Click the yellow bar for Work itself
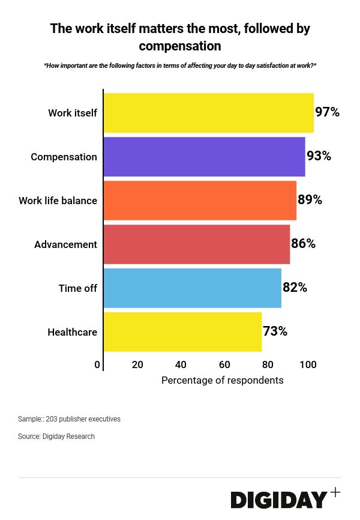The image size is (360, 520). (x=208, y=113)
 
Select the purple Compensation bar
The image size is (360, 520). (x=204, y=157)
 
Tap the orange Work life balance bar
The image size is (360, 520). (x=200, y=201)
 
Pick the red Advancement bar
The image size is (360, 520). (x=196, y=244)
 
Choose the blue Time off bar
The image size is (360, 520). (x=192, y=288)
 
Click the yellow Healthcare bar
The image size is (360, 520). (x=182, y=332)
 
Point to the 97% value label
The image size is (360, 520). (x=327, y=112)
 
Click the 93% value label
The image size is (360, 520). (x=319, y=156)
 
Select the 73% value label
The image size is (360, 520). (x=275, y=331)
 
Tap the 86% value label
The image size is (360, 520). (x=303, y=244)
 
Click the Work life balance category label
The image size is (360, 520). (x=58, y=201)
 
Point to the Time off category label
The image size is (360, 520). (x=77, y=288)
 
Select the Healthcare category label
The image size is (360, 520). (x=72, y=332)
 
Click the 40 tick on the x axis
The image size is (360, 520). (x=181, y=364)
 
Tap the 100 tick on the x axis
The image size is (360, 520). (x=308, y=364)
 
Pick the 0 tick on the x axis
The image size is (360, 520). (x=97, y=364)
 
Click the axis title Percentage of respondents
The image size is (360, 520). (x=222, y=380)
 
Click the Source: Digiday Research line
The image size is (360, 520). (x=56, y=437)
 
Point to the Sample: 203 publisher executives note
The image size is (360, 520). (x=69, y=419)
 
